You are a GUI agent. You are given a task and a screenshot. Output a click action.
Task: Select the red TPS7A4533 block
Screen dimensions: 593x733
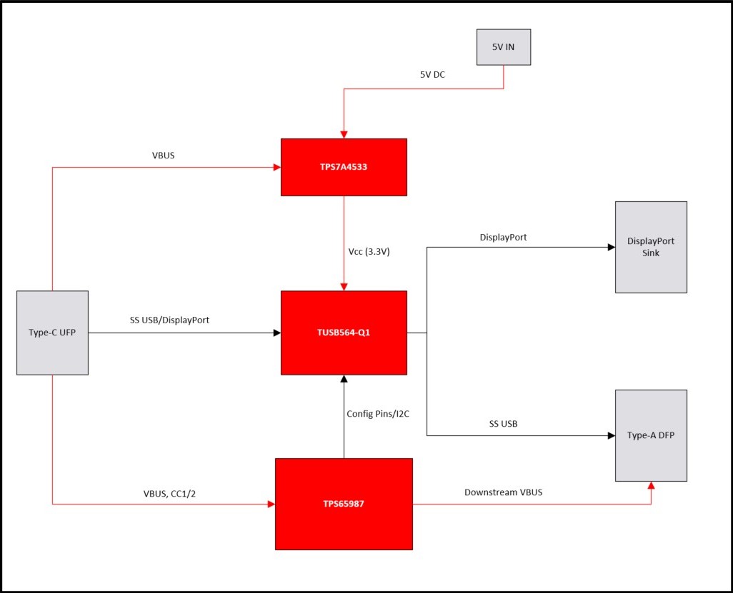(x=344, y=167)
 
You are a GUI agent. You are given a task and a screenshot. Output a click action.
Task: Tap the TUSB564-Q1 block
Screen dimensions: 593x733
(x=344, y=333)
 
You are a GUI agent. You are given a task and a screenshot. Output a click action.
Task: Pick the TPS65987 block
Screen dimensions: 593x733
(x=344, y=504)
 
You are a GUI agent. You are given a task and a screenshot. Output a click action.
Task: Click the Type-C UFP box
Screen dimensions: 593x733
(x=52, y=333)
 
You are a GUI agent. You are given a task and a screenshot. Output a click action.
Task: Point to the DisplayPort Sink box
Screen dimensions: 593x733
(x=651, y=247)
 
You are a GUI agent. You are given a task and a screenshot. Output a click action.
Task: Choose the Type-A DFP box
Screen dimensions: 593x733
(x=651, y=435)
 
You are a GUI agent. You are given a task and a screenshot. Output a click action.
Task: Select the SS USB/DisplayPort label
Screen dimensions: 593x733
(x=169, y=320)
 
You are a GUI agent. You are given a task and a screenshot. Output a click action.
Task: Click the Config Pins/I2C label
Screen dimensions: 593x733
(x=382, y=413)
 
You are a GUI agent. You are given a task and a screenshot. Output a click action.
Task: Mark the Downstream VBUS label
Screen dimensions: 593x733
(x=503, y=492)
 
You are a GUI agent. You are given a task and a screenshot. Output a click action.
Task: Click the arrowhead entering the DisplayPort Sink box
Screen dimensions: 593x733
(x=611, y=248)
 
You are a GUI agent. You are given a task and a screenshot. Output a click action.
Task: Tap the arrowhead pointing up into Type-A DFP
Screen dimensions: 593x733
(x=651, y=486)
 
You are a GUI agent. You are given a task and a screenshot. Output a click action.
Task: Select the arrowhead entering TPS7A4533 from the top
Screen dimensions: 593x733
(x=344, y=134)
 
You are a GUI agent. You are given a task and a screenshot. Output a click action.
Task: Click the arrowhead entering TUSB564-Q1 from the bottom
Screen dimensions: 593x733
(x=344, y=379)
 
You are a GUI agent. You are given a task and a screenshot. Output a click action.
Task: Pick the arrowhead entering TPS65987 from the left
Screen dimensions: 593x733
(x=271, y=504)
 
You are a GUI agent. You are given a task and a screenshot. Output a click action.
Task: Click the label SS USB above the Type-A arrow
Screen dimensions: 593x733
(x=503, y=424)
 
